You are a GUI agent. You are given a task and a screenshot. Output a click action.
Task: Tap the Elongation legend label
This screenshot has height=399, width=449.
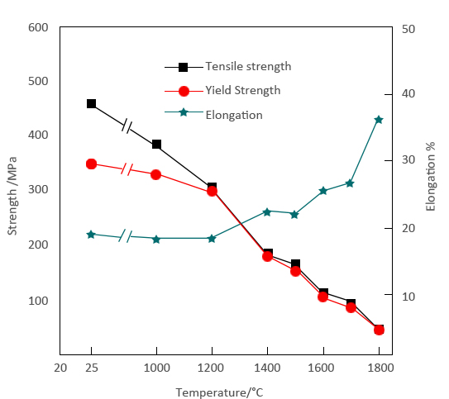(x=233, y=115)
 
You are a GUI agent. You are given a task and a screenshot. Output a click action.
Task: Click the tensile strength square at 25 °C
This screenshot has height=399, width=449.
(x=91, y=104)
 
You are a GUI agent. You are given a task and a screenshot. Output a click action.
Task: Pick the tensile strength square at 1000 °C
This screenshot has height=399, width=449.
(x=156, y=145)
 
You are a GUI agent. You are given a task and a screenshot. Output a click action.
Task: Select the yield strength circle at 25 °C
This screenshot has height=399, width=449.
(x=91, y=164)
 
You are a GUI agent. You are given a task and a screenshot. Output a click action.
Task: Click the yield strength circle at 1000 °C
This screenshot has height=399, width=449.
(x=155, y=174)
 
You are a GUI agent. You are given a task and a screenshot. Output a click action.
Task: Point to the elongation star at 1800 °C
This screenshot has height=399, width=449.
(x=379, y=120)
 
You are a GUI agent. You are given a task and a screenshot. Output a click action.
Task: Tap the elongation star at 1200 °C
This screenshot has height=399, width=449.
(x=212, y=238)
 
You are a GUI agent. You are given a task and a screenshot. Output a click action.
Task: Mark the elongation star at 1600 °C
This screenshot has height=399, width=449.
(x=323, y=191)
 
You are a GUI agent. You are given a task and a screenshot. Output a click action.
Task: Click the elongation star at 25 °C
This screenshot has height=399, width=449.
(x=91, y=235)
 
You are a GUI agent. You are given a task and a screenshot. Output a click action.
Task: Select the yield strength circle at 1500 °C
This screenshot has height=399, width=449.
(x=295, y=270)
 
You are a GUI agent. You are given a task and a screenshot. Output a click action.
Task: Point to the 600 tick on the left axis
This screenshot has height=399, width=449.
(x=38, y=27)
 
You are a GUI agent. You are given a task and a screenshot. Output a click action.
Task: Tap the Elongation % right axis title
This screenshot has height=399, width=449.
(x=431, y=176)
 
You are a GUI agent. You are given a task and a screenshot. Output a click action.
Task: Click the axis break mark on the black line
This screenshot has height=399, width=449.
(x=127, y=126)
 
